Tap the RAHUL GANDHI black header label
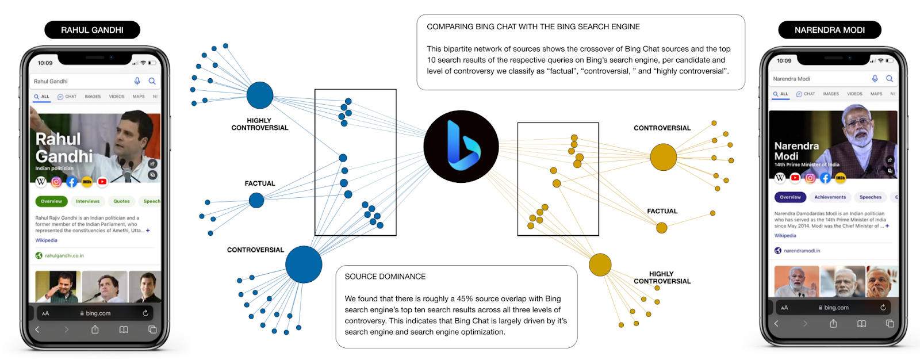click(x=92, y=30)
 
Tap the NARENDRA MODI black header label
click(x=829, y=30)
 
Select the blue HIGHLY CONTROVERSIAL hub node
click(x=260, y=95)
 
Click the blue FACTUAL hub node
click(x=256, y=200)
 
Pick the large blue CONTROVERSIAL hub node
click(x=304, y=265)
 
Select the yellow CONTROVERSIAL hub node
click(x=663, y=157)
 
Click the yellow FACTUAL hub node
click(x=662, y=228)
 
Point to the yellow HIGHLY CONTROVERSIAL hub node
click(x=600, y=265)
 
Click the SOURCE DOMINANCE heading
click(x=385, y=277)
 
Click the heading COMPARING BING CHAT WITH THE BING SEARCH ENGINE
click(x=533, y=26)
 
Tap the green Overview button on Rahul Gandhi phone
click(x=51, y=201)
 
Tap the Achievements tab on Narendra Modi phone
click(x=830, y=197)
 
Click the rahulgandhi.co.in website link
click(x=64, y=255)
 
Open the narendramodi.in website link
click(x=802, y=251)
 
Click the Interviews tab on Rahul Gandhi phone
click(x=87, y=201)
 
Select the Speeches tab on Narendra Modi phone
click(x=870, y=197)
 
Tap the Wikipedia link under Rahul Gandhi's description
click(x=46, y=240)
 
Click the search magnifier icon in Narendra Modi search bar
click(x=890, y=79)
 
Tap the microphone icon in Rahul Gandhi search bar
click(x=137, y=81)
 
